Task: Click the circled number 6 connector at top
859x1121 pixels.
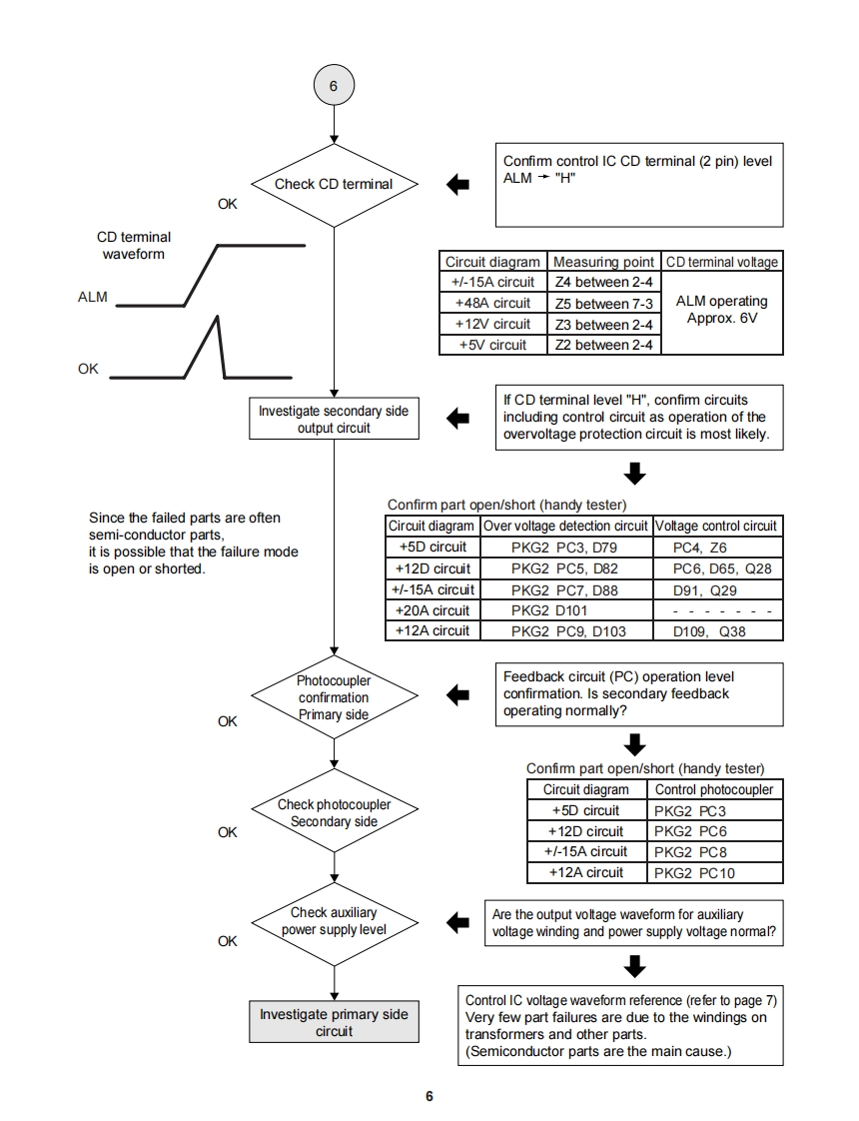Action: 334,86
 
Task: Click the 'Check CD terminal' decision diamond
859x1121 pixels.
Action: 334,184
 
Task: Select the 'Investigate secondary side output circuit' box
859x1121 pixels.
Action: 334,420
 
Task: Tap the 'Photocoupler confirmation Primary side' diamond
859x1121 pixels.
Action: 334,697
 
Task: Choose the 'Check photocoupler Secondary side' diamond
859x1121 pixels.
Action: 334,813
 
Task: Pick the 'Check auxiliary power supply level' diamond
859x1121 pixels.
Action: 334,921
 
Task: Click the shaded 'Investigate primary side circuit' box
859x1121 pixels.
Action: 334,1023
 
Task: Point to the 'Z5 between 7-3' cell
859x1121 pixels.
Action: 603,304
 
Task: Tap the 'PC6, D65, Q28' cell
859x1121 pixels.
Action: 715,569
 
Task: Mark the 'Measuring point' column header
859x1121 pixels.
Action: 603,262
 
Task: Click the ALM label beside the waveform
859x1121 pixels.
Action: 93,298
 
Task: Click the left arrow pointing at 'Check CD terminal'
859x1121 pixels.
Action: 457,185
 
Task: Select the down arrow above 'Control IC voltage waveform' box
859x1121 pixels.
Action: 634,965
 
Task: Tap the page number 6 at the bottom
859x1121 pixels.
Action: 429,1096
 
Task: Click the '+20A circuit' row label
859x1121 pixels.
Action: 432,610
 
